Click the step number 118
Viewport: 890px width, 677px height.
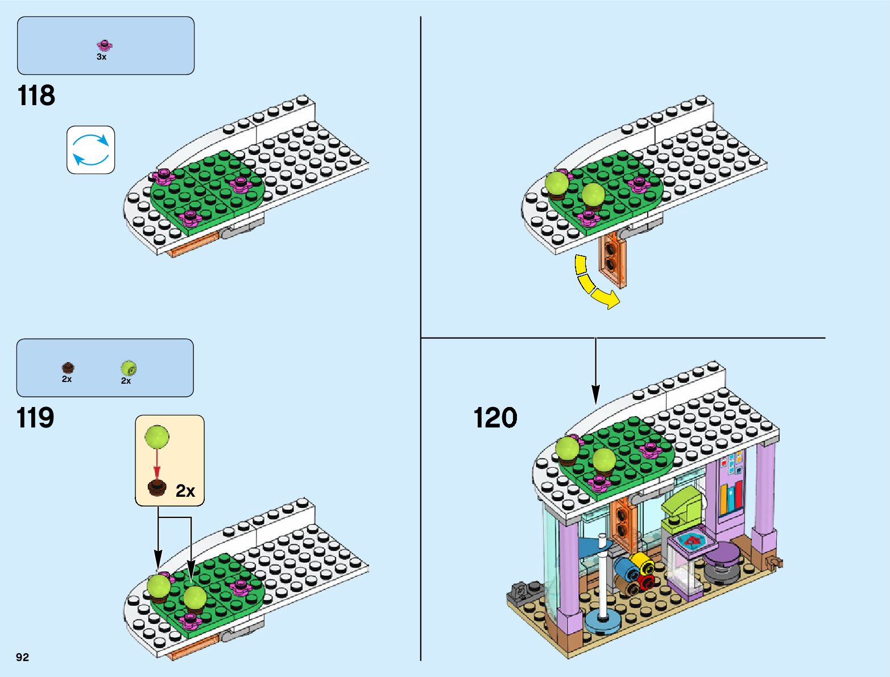36,95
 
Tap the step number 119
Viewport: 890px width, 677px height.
36,418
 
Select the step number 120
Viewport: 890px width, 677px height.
495,418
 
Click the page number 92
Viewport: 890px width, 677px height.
22,657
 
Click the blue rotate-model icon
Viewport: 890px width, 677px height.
91,149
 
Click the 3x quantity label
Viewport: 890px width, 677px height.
101,57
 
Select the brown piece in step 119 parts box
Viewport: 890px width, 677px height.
68,367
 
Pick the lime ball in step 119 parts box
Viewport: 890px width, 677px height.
129,368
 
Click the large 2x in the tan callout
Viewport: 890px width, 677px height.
185,491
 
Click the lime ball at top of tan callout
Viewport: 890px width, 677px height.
157,437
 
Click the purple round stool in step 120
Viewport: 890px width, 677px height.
721,554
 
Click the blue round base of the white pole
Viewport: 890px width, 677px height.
603,621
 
